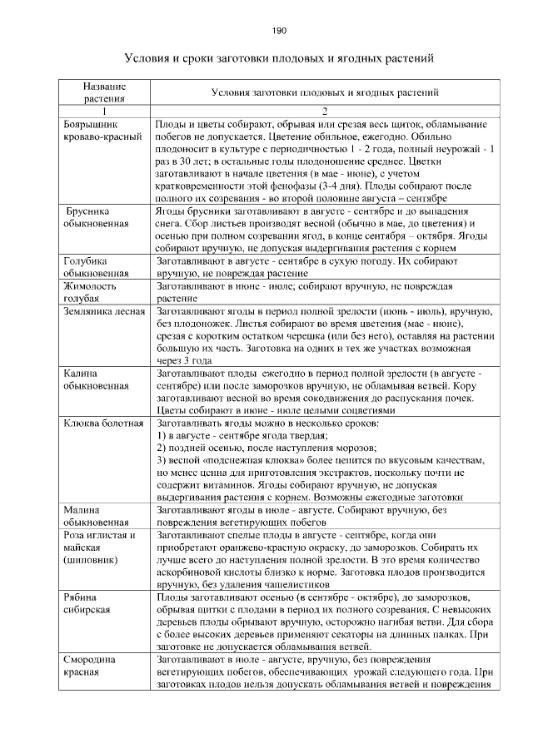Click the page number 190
279,31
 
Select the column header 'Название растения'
105,92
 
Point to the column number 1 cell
105,111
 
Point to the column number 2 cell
326,111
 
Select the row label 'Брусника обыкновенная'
97,217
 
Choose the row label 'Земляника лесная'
99,312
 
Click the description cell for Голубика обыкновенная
326,267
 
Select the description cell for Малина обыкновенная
326,517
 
